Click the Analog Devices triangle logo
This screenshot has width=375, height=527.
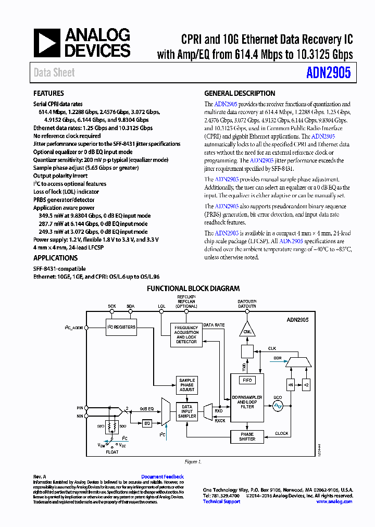(47, 43)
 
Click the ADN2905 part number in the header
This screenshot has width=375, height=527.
(329, 72)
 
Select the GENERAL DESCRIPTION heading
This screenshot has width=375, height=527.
(240, 94)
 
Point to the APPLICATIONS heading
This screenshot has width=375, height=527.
(55, 258)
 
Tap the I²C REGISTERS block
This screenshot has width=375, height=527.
(121, 327)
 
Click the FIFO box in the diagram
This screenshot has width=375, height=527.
(247, 380)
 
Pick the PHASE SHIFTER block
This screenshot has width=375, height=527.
(247, 436)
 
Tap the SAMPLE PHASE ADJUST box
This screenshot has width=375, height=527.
(186, 385)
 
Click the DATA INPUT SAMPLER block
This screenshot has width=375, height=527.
(186, 411)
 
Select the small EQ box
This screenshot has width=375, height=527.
(147, 423)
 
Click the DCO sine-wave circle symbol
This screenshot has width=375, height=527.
(278, 405)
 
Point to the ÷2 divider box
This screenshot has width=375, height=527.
(306, 385)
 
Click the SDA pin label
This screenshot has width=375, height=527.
(130, 306)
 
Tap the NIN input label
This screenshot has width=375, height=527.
(80, 416)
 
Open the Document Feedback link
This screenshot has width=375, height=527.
(162, 476)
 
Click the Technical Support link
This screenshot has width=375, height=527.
(221, 501)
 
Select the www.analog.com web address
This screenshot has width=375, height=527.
(334, 501)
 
